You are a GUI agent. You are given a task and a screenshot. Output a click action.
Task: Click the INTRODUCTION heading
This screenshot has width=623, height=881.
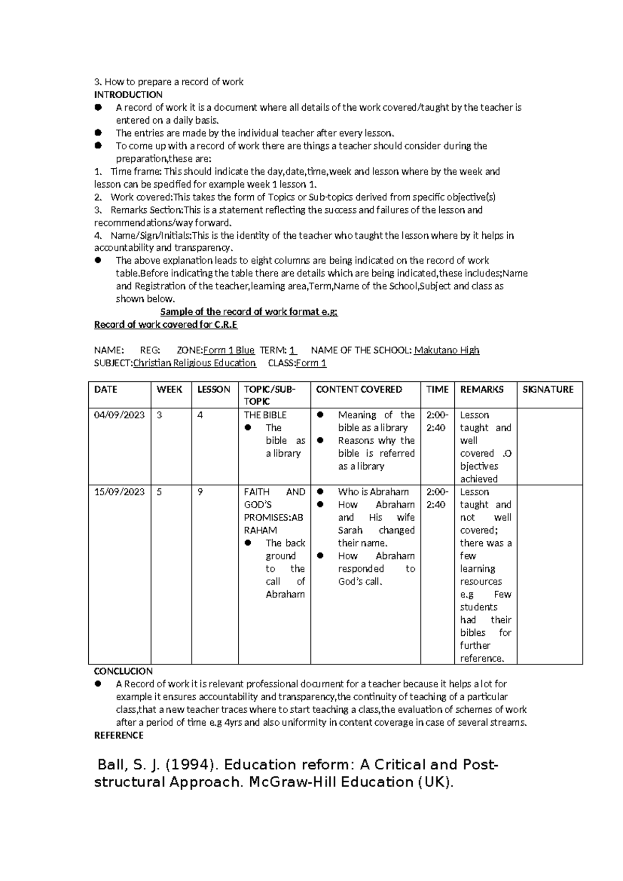pyautogui.click(x=128, y=95)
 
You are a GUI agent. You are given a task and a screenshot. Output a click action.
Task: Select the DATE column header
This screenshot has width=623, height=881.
pyautogui.click(x=105, y=390)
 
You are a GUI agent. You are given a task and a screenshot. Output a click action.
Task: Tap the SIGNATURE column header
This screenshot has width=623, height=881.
pyautogui.click(x=548, y=390)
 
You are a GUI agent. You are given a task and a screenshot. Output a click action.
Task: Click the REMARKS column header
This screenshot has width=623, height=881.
pyautogui.click(x=481, y=390)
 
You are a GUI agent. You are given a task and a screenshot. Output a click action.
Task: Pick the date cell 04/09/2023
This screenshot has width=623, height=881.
pyautogui.click(x=119, y=415)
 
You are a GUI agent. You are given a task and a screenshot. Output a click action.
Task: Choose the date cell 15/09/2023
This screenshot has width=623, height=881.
pyautogui.click(x=119, y=492)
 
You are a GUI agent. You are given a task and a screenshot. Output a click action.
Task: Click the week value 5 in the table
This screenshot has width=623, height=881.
pyautogui.click(x=159, y=492)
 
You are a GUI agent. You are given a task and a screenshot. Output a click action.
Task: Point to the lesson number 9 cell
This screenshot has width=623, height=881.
pyautogui.click(x=200, y=492)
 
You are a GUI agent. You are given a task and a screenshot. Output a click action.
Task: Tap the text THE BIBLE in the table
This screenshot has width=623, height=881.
pyautogui.click(x=265, y=415)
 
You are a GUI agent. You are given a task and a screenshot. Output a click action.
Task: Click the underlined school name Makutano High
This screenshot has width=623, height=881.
pyautogui.click(x=446, y=350)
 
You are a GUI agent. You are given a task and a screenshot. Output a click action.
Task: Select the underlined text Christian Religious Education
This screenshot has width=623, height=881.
pyautogui.click(x=194, y=363)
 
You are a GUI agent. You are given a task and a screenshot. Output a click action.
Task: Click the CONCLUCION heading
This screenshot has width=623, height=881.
pyautogui.click(x=123, y=671)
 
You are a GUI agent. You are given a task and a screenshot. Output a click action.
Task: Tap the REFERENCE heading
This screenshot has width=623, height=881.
pyautogui.click(x=118, y=735)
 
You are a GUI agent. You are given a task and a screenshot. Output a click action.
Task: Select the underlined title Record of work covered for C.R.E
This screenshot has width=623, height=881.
pyautogui.click(x=166, y=325)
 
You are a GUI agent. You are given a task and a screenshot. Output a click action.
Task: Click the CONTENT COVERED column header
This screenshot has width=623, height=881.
pyautogui.click(x=359, y=390)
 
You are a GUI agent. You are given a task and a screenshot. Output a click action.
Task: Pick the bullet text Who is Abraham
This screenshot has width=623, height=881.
pyautogui.click(x=373, y=492)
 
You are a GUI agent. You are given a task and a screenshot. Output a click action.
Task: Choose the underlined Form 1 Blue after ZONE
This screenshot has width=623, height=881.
pyautogui.click(x=228, y=350)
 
